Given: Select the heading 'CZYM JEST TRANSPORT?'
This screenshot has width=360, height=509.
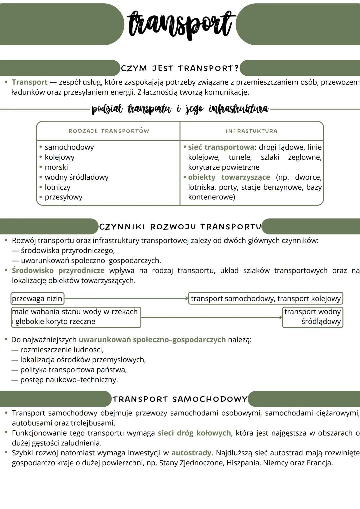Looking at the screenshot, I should (x=180, y=68).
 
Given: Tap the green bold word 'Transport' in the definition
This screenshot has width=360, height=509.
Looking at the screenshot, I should (x=30, y=82).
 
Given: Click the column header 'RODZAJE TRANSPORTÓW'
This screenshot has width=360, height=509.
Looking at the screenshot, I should (x=109, y=131).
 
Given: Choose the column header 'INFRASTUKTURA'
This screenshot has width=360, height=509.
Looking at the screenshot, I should (x=251, y=131).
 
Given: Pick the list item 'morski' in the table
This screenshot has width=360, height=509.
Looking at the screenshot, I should (x=56, y=167).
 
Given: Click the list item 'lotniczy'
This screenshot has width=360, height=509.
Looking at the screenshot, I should (x=57, y=187).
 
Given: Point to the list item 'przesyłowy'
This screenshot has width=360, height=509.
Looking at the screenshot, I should (x=63, y=197).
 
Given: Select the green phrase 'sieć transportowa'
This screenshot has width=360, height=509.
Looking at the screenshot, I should (x=221, y=147).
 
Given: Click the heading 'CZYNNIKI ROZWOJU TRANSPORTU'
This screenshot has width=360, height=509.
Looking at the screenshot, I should (x=180, y=227).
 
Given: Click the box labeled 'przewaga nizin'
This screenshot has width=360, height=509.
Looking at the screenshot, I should (x=37, y=298).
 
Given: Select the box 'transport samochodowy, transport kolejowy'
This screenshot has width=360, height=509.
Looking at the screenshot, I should (x=266, y=298).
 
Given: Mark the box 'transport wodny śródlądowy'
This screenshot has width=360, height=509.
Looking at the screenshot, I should (x=312, y=317).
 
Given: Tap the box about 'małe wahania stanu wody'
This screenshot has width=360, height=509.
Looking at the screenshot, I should (x=76, y=317).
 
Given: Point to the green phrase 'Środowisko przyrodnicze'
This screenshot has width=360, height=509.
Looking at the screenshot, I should (x=58, y=270).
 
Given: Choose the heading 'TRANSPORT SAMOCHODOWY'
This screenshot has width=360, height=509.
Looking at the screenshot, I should (x=180, y=399).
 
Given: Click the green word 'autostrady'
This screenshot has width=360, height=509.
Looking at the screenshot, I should (x=191, y=453).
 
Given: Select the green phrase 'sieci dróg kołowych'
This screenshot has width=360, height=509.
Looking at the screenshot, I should (x=194, y=433).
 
